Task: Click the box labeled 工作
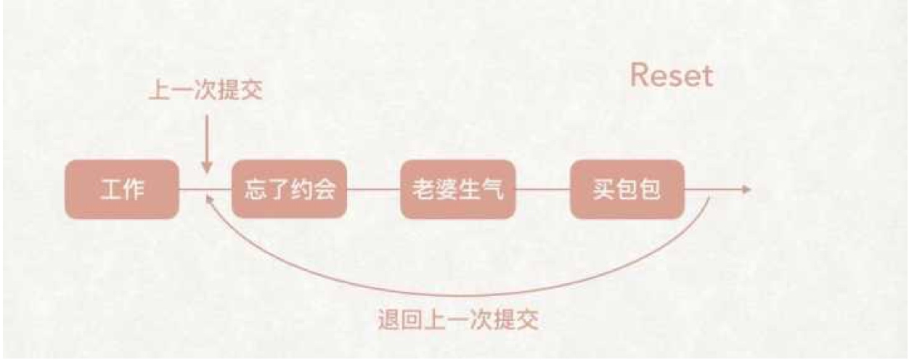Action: click(x=121, y=189)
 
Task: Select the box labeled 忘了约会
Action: click(x=288, y=189)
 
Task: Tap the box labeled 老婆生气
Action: click(x=457, y=189)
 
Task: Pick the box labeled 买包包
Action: click(x=627, y=189)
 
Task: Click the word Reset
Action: click(x=671, y=75)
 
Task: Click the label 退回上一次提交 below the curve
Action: click(x=458, y=319)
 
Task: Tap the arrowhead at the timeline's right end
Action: click(x=746, y=189)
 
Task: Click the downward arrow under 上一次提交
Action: click(x=208, y=145)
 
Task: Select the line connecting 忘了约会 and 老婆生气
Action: click(x=373, y=189)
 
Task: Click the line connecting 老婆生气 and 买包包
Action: click(x=542, y=189)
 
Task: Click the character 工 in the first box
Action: click(x=109, y=189)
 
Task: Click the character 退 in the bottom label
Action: click(x=388, y=319)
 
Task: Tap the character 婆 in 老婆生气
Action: click(x=446, y=189)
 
